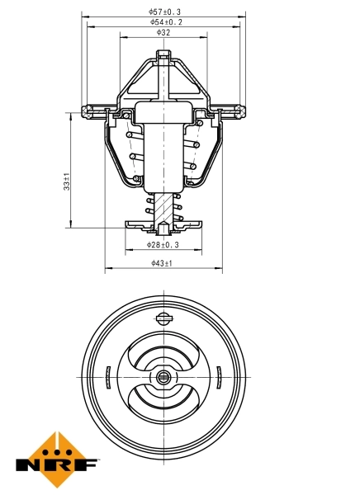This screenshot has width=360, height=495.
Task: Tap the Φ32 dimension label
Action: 163,33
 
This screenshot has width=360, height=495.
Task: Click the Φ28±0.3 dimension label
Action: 163,245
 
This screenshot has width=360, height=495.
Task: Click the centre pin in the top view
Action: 163,378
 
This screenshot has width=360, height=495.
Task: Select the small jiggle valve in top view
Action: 163,318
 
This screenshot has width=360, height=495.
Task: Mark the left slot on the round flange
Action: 108,375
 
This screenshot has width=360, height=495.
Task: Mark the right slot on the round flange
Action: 219,375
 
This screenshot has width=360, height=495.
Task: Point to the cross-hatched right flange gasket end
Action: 236,110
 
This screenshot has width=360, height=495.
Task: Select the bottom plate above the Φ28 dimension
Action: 163,224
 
